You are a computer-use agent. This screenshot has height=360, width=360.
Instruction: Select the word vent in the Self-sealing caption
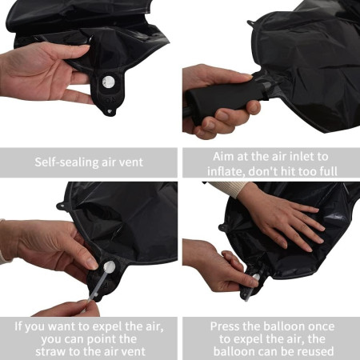point(130,162)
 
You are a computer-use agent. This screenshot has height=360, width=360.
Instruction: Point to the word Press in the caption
point(226,326)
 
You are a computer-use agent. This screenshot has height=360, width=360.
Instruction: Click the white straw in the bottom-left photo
point(96,284)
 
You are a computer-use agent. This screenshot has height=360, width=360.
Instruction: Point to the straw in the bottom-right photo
point(249,286)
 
